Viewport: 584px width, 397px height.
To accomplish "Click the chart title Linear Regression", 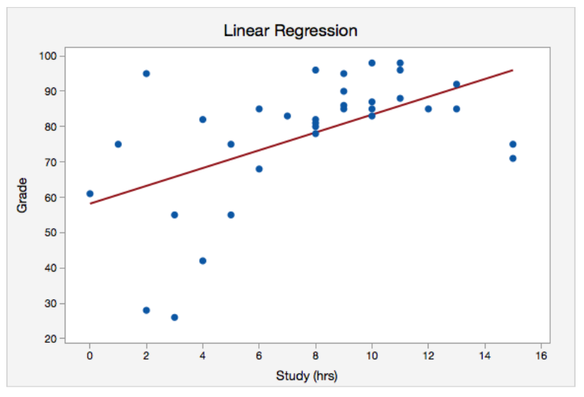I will point(290,31).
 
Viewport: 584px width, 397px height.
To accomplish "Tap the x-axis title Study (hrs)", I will point(306,376).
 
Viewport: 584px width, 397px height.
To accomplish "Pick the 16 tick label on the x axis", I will point(540,356).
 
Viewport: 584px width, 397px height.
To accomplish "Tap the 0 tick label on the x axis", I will point(90,356).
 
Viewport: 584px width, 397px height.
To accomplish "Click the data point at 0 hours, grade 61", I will point(90,194).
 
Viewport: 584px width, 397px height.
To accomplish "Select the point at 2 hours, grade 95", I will point(146,73).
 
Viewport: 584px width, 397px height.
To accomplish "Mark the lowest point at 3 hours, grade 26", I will point(174,317).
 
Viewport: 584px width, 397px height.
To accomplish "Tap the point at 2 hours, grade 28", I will point(146,310).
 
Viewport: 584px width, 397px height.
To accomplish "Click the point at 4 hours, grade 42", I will point(203,260).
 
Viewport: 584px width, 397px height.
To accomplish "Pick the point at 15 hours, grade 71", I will point(513,158).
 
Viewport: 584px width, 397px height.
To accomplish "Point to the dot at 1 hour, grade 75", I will point(118,144).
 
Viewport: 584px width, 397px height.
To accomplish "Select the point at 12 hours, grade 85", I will point(428,109).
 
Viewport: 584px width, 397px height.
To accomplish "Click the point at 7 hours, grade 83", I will point(287,116).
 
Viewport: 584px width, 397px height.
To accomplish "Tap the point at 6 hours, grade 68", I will point(259,169).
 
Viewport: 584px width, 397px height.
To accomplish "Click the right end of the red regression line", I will point(512,70).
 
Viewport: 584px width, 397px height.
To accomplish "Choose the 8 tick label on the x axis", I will point(315,356).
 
